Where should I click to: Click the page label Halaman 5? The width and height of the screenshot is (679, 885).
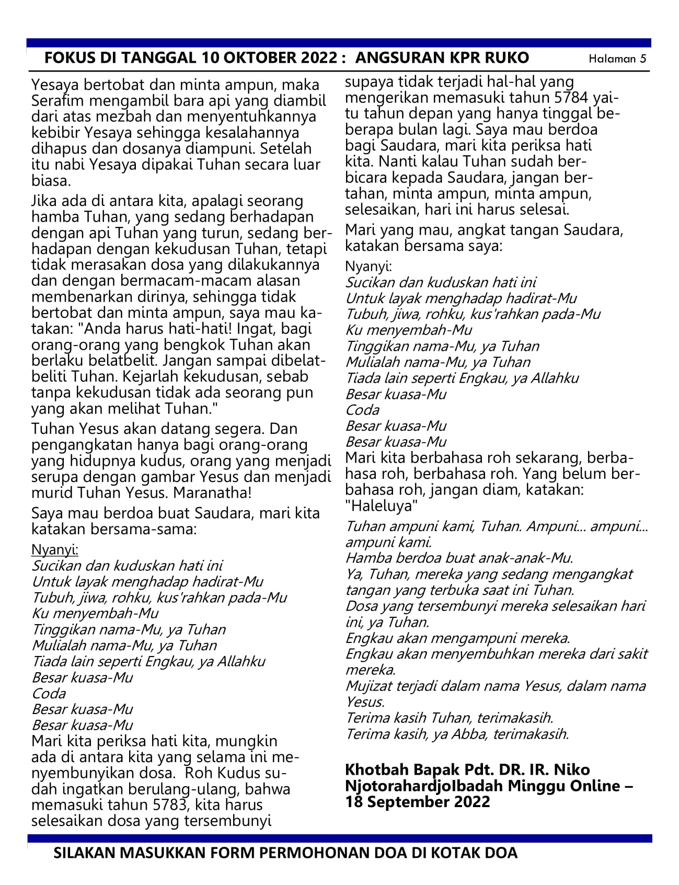[617, 59]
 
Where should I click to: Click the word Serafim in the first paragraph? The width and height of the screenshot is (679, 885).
[57, 100]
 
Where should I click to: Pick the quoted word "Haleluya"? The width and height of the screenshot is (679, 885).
[382, 506]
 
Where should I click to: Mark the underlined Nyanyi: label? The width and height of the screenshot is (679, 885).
[55, 549]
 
